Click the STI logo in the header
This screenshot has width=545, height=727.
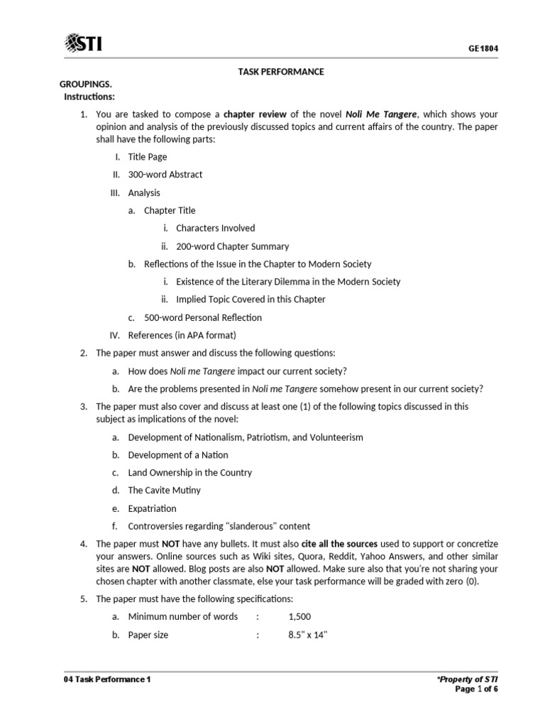[x=84, y=44]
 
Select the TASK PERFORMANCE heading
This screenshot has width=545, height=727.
[x=280, y=72]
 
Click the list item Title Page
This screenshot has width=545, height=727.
[x=147, y=157]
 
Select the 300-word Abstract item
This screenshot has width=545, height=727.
[x=165, y=175]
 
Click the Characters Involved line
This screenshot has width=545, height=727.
[x=215, y=229]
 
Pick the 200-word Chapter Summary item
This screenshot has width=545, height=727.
[x=232, y=246]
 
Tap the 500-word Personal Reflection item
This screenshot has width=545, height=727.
[x=202, y=317]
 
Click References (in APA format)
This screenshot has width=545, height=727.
[x=181, y=335]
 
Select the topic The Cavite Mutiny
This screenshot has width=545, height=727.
[x=164, y=491]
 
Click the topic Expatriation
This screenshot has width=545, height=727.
[x=152, y=508]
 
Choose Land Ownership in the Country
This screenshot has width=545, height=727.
[x=189, y=473]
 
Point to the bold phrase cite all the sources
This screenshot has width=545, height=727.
[x=339, y=544]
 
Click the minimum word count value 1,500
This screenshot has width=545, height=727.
[x=299, y=616]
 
